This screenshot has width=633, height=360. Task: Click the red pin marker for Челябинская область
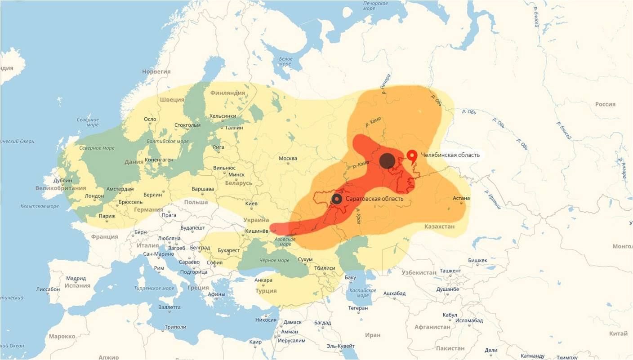(412, 156)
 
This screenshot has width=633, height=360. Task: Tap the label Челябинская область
(450, 155)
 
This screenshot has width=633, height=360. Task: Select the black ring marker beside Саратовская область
(337, 199)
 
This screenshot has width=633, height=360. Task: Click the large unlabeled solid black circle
(387, 160)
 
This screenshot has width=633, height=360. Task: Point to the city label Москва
(288, 158)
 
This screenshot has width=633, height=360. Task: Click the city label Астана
(461, 198)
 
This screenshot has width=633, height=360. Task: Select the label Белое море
(285, 62)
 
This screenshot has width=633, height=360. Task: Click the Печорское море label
(375, 6)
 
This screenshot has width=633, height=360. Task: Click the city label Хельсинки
(223, 116)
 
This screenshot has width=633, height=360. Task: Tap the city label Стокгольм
(187, 125)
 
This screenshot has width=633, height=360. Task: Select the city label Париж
(107, 216)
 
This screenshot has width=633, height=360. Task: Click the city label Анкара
(263, 280)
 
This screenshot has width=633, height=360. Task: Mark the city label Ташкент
(450, 271)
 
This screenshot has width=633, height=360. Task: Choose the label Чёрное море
(274, 261)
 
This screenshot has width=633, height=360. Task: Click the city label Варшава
(202, 189)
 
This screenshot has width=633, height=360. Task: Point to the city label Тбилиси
(325, 268)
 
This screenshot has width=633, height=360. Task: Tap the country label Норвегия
(156, 71)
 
